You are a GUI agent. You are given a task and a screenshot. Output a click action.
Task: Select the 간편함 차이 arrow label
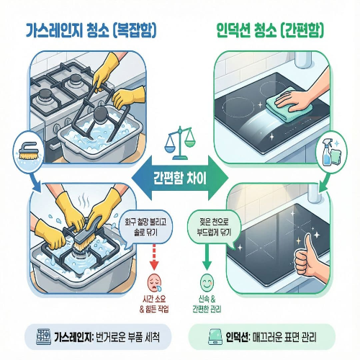pos(179,176)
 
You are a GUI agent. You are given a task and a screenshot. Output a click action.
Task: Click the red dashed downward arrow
pos(154,255)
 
